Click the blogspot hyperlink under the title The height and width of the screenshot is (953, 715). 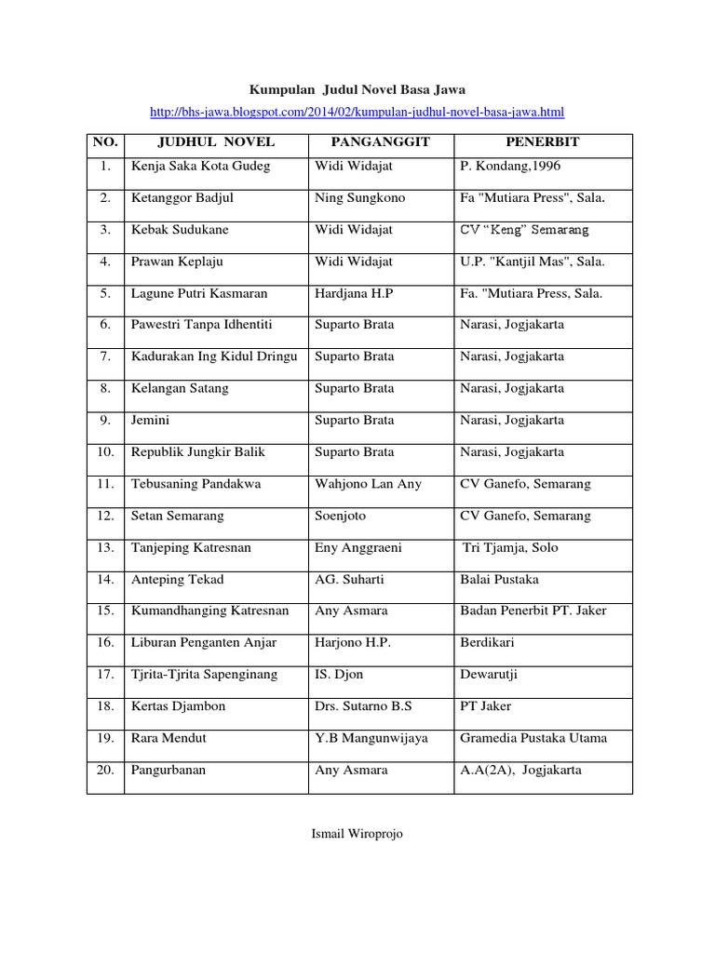(x=357, y=113)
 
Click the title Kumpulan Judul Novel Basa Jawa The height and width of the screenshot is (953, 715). (x=357, y=89)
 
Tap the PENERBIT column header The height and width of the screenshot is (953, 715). (x=542, y=142)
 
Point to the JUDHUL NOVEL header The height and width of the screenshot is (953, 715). (x=215, y=142)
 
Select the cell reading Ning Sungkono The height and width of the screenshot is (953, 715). (x=359, y=198)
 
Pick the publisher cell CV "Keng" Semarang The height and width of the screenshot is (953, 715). (x=524, y=230)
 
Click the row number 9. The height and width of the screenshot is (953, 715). (x=104, y=420)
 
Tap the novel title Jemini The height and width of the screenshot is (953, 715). (x=151, y=420)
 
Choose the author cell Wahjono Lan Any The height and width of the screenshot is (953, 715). (x=368, y=484)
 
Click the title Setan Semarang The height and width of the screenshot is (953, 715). (x=177, y=516)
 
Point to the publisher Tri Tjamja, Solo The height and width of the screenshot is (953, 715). (x=510, y=547)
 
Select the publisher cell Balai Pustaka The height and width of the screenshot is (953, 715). (x=499, y=579)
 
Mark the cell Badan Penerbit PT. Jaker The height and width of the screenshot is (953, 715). (x=533, y=611)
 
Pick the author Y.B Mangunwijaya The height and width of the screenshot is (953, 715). (x=371, y=738)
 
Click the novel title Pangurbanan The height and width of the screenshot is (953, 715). (x=169, y=770)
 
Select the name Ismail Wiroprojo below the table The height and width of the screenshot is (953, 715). (x=357, y=834)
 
